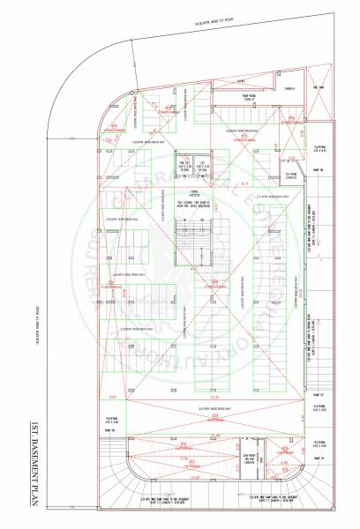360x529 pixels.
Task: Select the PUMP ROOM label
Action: (249, 99)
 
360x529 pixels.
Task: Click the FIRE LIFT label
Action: (185, 168)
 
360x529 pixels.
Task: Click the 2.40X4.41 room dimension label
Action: (289, 89)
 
